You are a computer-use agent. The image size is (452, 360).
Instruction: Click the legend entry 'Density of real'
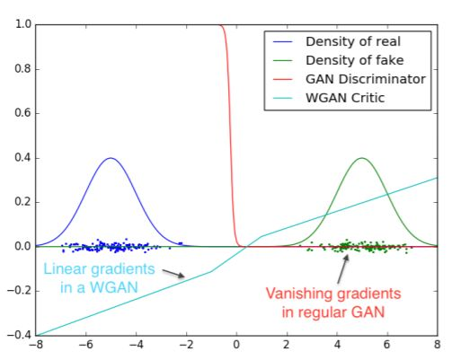tap(353, 41)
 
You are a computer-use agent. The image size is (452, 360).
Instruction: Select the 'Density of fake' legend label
tap(355, 60)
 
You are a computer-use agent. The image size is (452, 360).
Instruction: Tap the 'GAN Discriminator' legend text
tap(366, 79)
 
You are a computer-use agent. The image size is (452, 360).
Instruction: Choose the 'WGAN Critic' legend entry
tap(345, 98)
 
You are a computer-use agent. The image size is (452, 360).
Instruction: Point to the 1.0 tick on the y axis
tap(23, 24)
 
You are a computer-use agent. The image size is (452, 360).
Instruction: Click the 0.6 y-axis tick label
tap(23, 113)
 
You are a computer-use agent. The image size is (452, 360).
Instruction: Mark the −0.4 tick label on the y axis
tap(19, 335)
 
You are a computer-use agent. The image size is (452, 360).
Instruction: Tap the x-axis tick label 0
tap(236, 345)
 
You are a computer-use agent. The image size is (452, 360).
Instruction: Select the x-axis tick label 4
tap(337, 345)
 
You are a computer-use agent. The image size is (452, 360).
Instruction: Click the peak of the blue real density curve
tap(111, 158)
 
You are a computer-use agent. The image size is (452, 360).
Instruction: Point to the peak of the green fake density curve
tap(362, 158)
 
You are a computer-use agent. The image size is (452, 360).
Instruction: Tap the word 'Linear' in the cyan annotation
tap(66, 268)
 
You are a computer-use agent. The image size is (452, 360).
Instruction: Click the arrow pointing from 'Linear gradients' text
tap(173, 273)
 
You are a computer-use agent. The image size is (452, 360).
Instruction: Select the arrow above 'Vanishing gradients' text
tap(343, 268)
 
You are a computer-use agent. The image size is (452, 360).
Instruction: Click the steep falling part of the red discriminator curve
tap(230, 135)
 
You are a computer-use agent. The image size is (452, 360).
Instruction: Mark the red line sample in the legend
tap(282, 79)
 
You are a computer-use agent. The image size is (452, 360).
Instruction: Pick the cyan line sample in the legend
tap(282, 98)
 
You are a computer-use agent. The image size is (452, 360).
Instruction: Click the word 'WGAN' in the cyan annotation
tap(114, 287)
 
